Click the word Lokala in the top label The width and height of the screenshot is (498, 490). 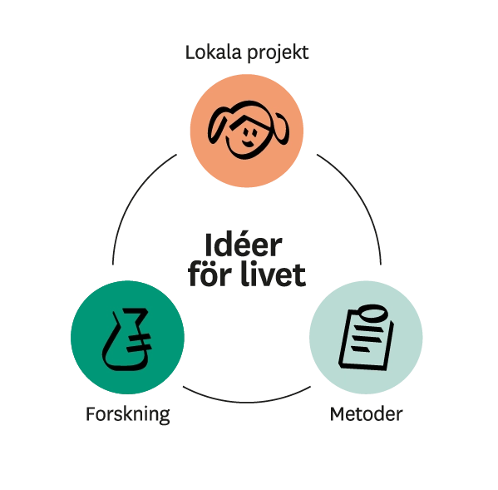tap(214, 52)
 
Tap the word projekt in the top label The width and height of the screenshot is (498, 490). tap(278, 53)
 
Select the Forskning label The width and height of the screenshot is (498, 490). tap(128, 414)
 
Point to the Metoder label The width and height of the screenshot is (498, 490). tap(366, 414)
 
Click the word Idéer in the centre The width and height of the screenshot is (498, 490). tap(244, 245)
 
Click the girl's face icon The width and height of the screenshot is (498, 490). tap(249, 130)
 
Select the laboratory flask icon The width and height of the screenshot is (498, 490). tap(127, 339)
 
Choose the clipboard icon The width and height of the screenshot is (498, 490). tap(366, 337)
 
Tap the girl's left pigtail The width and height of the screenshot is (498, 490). tap(217, 125)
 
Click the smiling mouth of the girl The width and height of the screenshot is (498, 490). tap(248, 143)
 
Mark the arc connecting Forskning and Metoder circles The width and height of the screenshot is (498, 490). tap(247, 402)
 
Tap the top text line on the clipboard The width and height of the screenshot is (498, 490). tap(367, 329)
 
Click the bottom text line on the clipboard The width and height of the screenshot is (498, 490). tap(361, 349)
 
